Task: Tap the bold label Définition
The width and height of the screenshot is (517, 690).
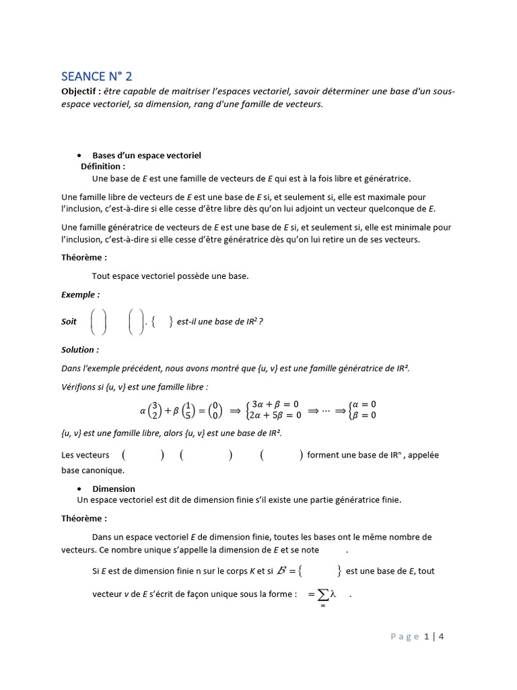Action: [102, 166]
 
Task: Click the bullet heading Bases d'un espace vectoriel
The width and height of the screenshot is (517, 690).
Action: [147, 156]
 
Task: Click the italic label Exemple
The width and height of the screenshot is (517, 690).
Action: [80, 294]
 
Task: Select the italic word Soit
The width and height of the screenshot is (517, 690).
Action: [69, 322]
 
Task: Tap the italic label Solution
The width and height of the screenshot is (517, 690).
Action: [79, 350]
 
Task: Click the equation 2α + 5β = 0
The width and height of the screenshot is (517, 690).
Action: [277, 415]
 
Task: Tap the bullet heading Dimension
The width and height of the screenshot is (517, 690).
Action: [113, 489]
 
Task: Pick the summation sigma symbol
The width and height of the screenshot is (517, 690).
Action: [323, 596]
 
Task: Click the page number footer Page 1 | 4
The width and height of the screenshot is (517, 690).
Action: [417, 636]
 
